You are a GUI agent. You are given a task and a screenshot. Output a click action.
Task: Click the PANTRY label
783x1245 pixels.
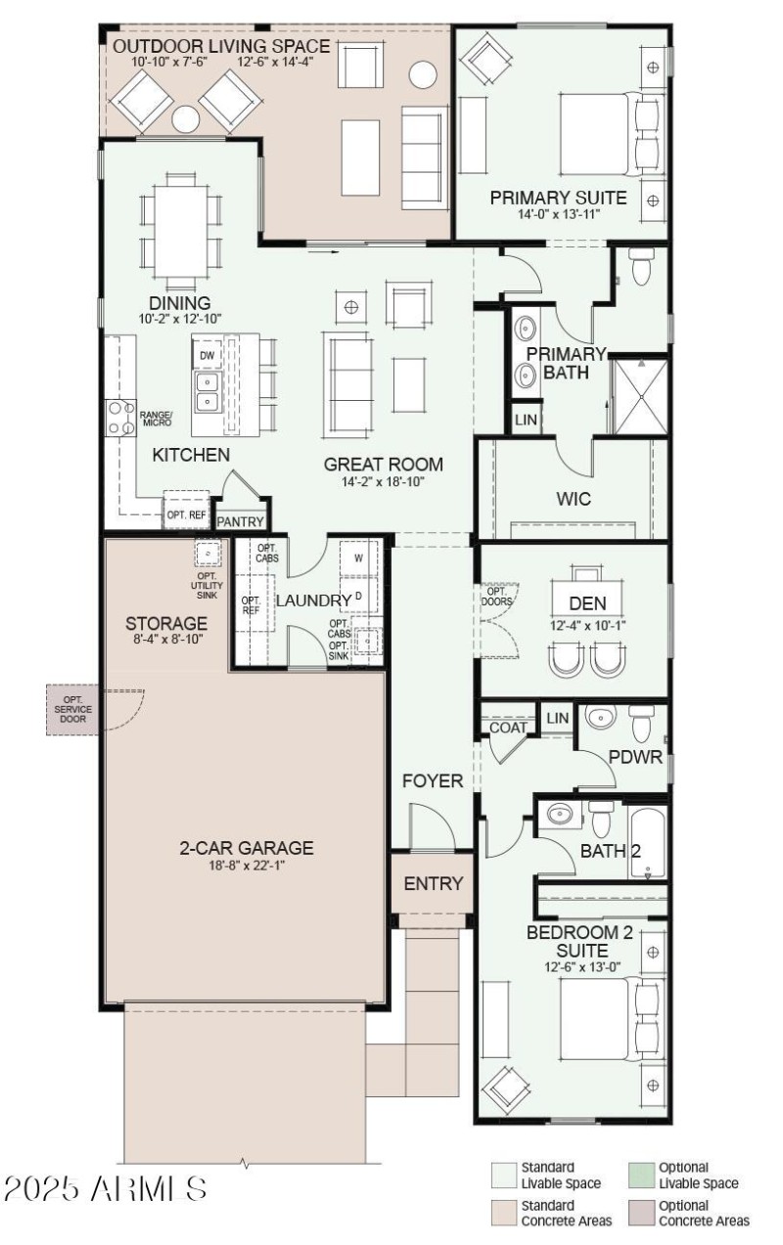click(x=241, y=522)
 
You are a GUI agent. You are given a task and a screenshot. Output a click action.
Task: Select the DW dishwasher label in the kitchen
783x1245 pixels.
click(x=207, y=356)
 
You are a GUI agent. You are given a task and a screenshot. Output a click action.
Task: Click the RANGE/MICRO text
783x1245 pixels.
click(x=156, y=418)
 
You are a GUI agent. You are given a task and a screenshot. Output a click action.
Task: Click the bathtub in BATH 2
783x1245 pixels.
click(x=647, y=843)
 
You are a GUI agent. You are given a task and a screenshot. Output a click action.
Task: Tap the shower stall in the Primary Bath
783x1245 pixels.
click(x=639, y=397)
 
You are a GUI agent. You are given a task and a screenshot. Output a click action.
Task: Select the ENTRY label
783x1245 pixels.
click(x=433, y=884)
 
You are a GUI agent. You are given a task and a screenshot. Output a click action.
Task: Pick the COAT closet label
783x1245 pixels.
click(x=509, y=728)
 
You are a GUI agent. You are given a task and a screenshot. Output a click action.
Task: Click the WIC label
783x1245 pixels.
click(x=574, y=499)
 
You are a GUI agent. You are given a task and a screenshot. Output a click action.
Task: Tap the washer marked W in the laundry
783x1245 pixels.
click(x=358, y=558)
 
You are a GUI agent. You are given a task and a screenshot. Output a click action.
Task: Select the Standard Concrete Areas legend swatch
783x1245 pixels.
click(x=503, y=1213)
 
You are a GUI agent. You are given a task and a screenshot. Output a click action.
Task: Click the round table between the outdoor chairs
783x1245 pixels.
click(x=186, y=119)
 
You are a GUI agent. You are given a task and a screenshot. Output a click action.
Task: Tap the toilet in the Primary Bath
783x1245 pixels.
click(x=642, y=266)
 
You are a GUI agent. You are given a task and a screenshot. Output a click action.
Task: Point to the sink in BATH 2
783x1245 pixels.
click(x=559, y=814)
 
